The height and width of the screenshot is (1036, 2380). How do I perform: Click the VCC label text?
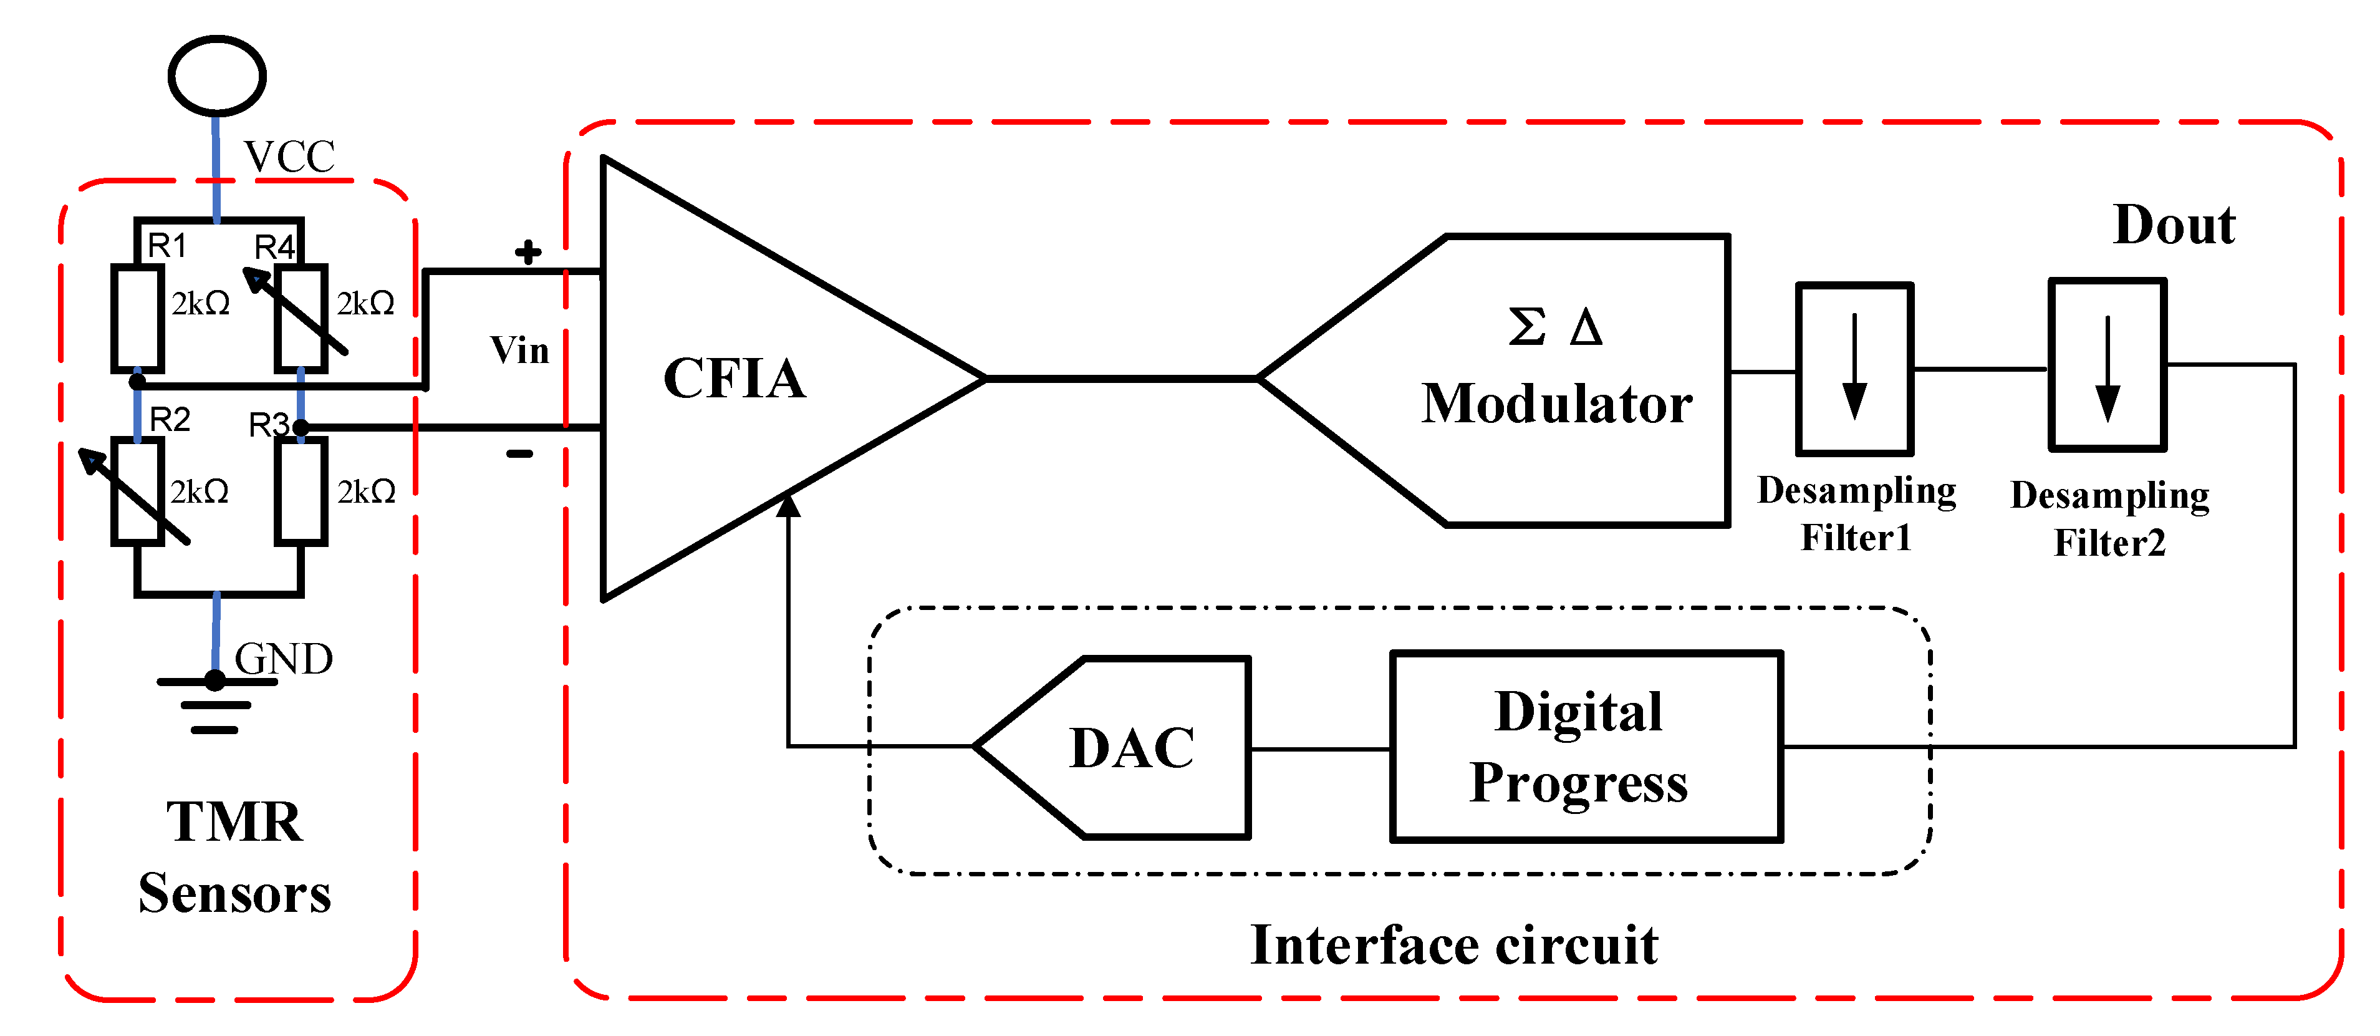[289, 157]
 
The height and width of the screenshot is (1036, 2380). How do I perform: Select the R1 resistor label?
[167, 246]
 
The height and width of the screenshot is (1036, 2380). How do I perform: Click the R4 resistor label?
[274, 247]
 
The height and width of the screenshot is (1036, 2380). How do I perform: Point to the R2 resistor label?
[170, 420]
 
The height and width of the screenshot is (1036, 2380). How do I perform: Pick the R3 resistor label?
[269, 425]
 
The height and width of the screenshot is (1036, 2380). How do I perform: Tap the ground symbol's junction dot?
[215, 681]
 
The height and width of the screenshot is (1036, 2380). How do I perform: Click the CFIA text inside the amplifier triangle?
[735, 379]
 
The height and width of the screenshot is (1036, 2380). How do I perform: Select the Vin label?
[519, 351]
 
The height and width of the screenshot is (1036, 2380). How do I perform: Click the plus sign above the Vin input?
[528, 251]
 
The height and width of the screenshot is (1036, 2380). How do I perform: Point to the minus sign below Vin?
[519, 454]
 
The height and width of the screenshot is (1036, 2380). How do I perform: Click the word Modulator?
[1557, 405]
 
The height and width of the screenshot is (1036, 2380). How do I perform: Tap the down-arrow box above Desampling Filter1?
[1854, 369]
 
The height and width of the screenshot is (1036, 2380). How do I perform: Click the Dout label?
[2174, 226]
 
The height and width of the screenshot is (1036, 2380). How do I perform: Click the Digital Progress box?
[1586, 747]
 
